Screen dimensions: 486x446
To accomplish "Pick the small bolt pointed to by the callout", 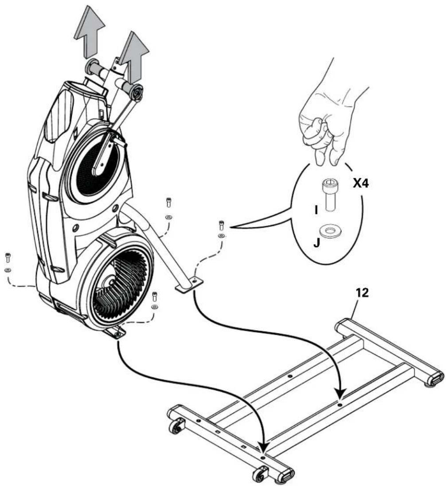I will (x=221, y=225).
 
